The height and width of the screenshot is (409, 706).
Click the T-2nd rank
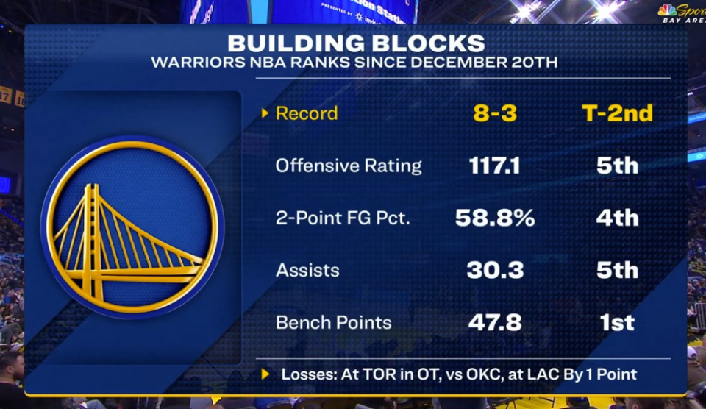pyautogui.click(x=617, y=113)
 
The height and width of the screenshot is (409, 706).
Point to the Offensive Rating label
pyautogui.click(x=349, y=166)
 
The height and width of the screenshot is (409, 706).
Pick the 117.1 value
pyautogui.click(x=495, y=166)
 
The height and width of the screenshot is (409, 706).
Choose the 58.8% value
pyautogui.click(x=495, y=218)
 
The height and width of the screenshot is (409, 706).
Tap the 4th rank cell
pyautogui.click(x=617, y=218)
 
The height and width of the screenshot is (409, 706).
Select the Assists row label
pyautogui.click(x=307, y=270)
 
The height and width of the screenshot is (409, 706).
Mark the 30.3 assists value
pyautogui.click(x=495, y=270)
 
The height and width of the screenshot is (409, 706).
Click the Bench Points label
pyautogui.click(x=334, y=322)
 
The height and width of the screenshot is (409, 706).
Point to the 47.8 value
pyautogui.click(x=495, y=322)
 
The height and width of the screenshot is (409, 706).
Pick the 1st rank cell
pyautogui.click(x=617, y=322)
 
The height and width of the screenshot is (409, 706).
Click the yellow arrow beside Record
pyautogui.click(x=265, y=113)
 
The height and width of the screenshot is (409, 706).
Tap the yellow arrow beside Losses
pyautogui.click(x=265, y=374)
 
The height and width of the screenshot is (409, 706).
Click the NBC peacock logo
pyautogui.click(x=667, y=10)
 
